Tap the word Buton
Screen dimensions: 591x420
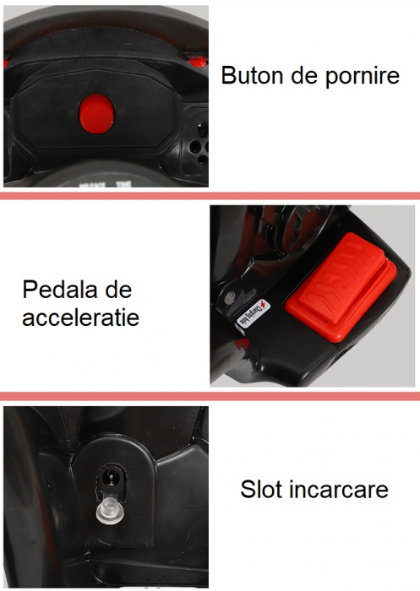[250, 75]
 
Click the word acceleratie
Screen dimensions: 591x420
[81, 318]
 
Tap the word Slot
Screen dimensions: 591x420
[263, 490]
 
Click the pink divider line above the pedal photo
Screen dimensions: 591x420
[210, 197]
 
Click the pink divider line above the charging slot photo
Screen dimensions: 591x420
[210, 396]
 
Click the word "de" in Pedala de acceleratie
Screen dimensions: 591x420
[117, 290]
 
